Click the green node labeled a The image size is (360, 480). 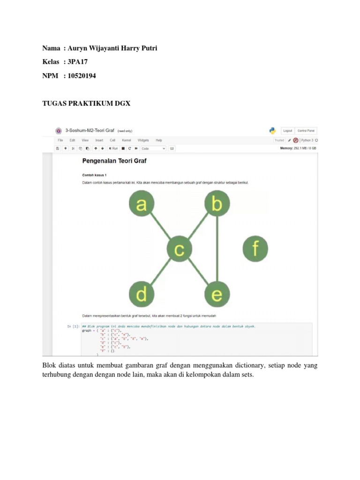[141, 205]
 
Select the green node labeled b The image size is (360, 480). [217, 205]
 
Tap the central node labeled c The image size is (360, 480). [179, 249]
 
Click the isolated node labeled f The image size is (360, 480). [255, 248]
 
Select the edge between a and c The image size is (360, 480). [160, 227]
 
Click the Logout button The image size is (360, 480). [287, 131]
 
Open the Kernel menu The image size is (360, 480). [127, 140]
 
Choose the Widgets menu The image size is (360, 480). [143, 140]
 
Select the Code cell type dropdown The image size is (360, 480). [153, 149]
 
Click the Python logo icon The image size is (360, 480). [272, 131]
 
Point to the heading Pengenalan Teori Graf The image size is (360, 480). [114, 161]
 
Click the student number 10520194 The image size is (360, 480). [82, 75]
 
